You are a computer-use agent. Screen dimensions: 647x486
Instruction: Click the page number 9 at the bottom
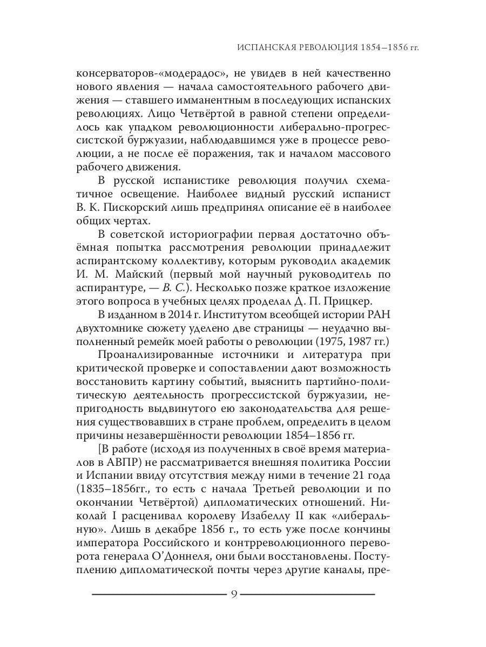[234, 594]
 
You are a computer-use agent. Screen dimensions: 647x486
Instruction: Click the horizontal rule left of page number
[159, 595]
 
